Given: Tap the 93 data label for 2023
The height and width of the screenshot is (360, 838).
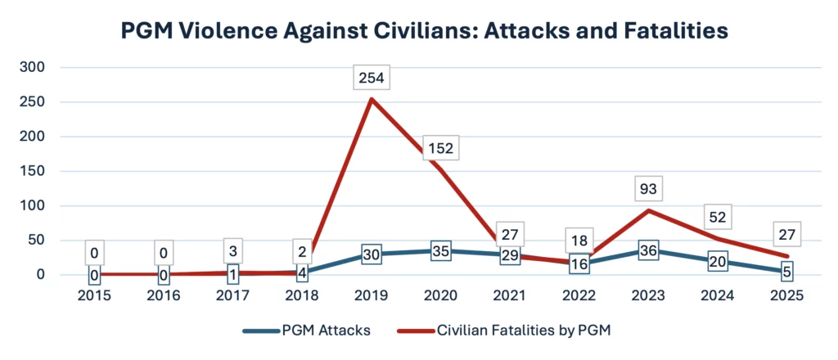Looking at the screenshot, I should [649, 190].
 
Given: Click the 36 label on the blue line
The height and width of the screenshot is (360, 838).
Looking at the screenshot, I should [649, 251].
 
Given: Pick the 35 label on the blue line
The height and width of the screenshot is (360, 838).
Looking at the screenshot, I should [441, 251].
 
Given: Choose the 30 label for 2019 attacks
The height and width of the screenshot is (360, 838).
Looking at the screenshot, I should [372, 254].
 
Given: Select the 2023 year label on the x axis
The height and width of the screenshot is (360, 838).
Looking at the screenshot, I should [649, 295].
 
